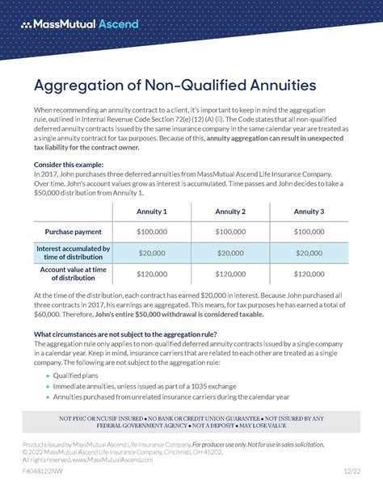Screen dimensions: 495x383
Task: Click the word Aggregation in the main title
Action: coord(78,85)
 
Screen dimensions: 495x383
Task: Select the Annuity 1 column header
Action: coord(152,212)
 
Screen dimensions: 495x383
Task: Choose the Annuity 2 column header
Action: coord(230,212)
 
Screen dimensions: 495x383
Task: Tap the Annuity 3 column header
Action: coord(309,212)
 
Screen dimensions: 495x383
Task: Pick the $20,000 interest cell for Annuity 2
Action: coord(230,253)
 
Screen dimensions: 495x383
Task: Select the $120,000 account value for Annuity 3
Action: coord(309,274)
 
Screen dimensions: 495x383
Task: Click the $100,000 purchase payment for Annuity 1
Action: coord(152,232)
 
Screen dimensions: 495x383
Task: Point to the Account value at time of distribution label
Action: coord(75,274)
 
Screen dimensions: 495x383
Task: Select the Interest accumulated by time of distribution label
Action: coord(75,253)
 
